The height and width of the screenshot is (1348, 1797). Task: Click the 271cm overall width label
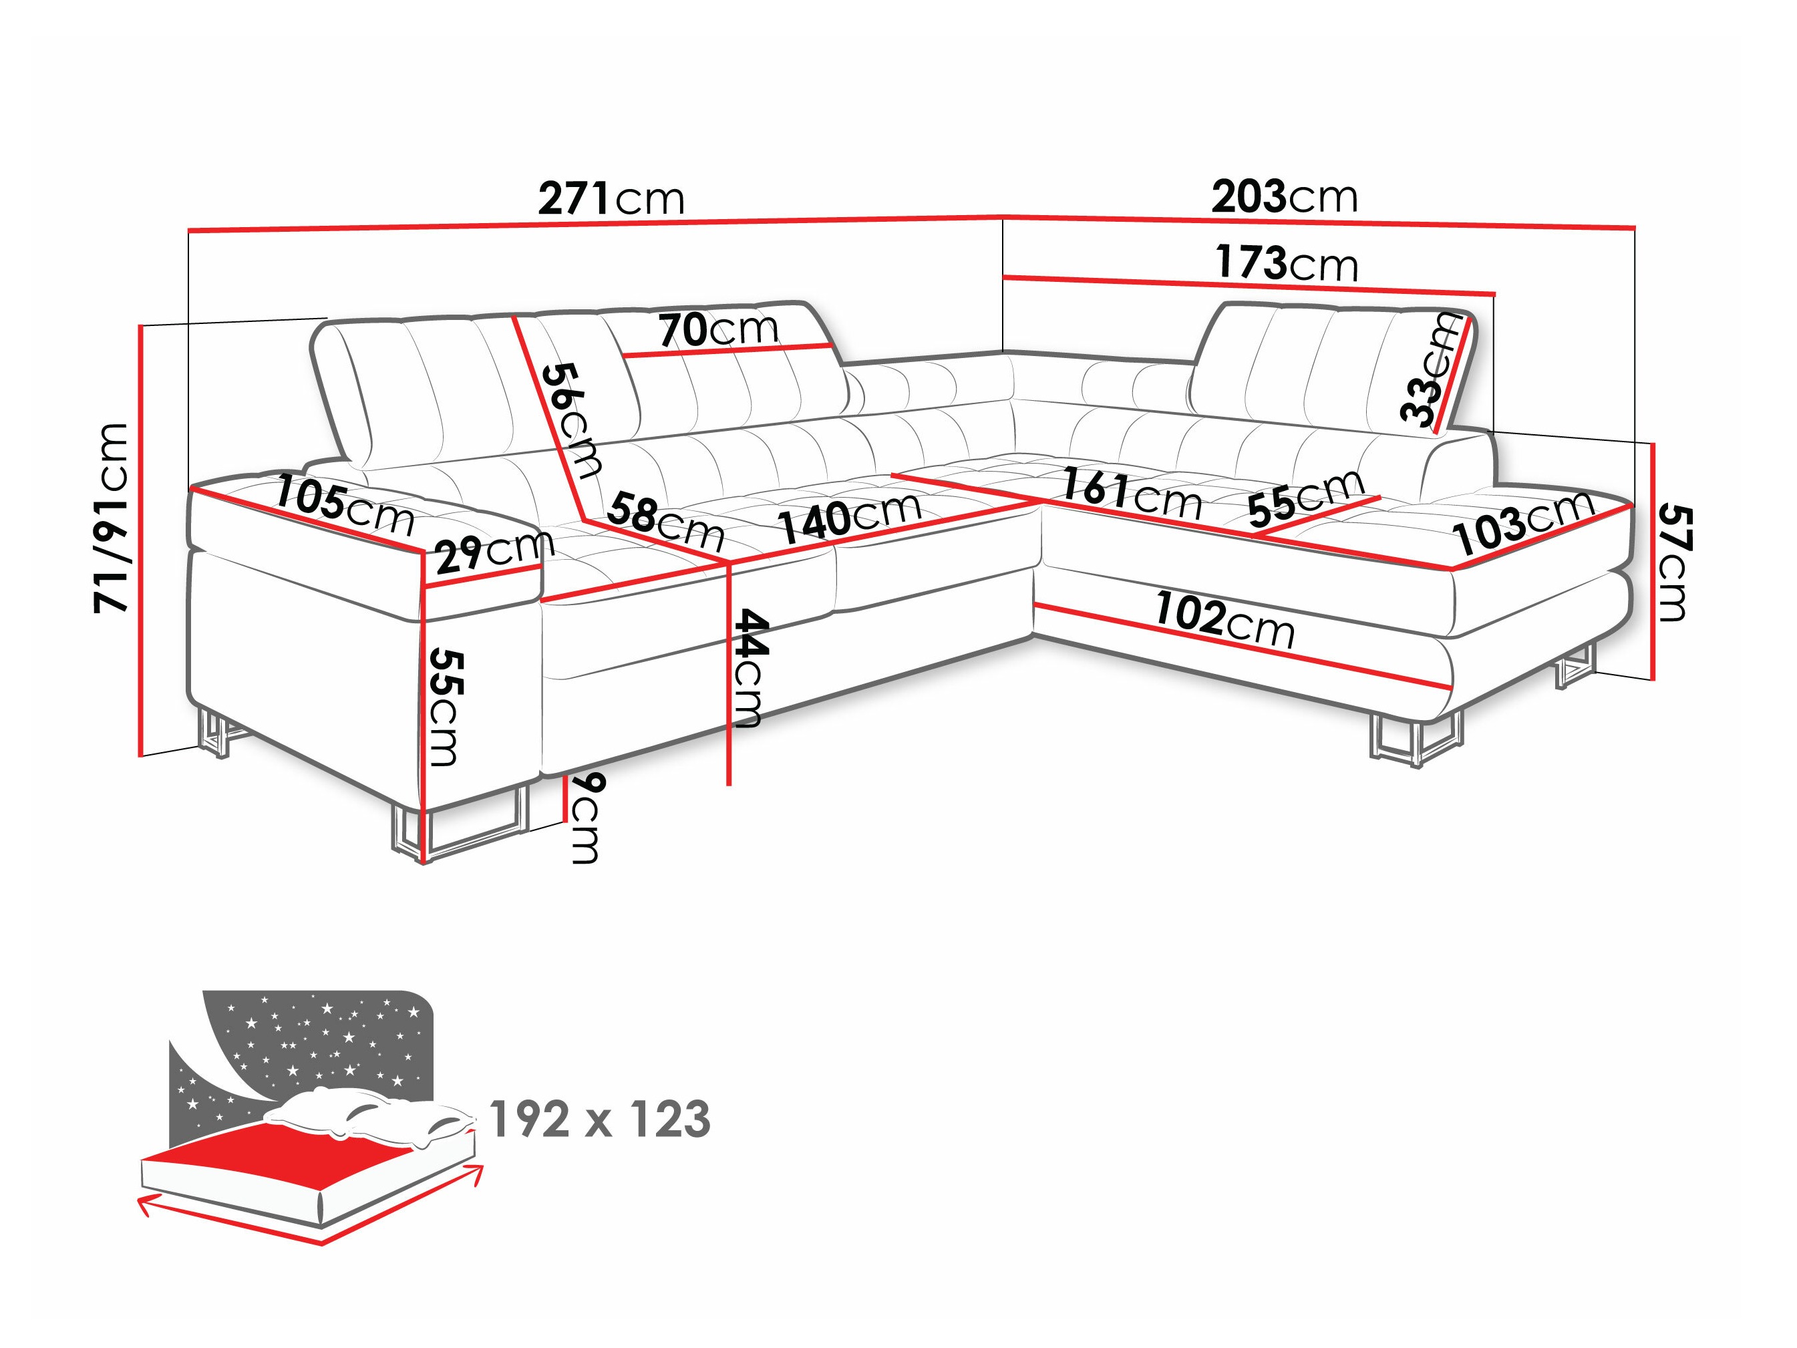611,198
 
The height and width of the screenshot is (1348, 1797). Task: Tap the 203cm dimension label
1283,196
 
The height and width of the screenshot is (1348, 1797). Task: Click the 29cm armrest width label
494,552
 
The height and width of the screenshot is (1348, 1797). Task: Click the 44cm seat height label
746,668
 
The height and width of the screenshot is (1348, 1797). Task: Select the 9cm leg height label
587,818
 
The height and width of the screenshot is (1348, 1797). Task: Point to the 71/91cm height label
112,518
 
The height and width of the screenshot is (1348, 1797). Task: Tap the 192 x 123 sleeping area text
599,1120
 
